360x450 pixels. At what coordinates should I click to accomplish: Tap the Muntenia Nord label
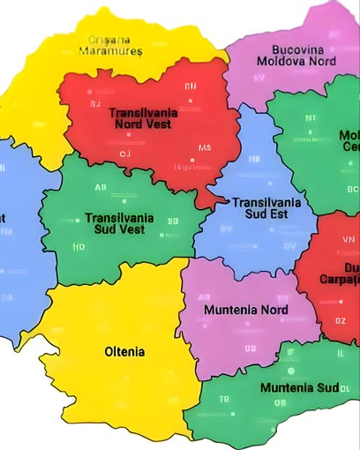(245, 311)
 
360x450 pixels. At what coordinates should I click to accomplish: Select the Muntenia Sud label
(299, 387)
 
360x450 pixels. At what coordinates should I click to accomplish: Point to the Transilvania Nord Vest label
(143, 118)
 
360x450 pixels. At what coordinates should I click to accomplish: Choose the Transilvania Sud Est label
(266, 207)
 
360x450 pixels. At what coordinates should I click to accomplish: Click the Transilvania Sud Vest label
(119, 223)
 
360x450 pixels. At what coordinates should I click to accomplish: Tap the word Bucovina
(297, 49)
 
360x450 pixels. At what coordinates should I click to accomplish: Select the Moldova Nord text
(296, 62)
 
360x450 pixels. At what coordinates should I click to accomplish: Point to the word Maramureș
(109, 51)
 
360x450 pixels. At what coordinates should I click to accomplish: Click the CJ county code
(124, 154)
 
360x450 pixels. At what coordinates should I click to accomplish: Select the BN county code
(191, 86)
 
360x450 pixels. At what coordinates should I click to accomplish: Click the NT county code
(310, 117)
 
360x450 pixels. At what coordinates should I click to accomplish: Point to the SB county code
(173, 221)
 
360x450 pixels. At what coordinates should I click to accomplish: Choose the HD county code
(79, 248)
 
